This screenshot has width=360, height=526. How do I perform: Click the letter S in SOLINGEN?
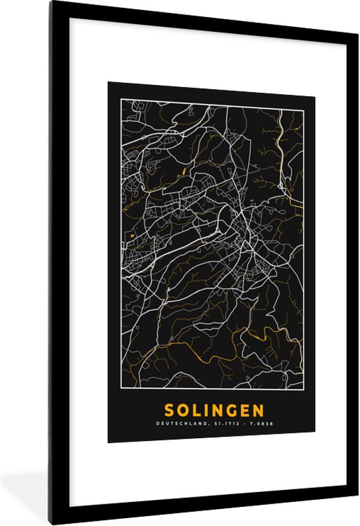click(169, 411)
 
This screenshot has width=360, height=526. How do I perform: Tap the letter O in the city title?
click(183, 411)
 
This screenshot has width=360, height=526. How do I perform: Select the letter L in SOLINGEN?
click(196, 411)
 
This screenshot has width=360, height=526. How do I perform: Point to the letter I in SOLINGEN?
click(207, 411)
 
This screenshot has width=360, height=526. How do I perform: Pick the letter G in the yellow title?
click(232, 411)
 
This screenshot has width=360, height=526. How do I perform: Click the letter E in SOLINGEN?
click(245, 411)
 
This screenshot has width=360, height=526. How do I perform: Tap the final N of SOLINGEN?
click(259, 411)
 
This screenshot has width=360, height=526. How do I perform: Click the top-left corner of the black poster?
click(109, 82)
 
